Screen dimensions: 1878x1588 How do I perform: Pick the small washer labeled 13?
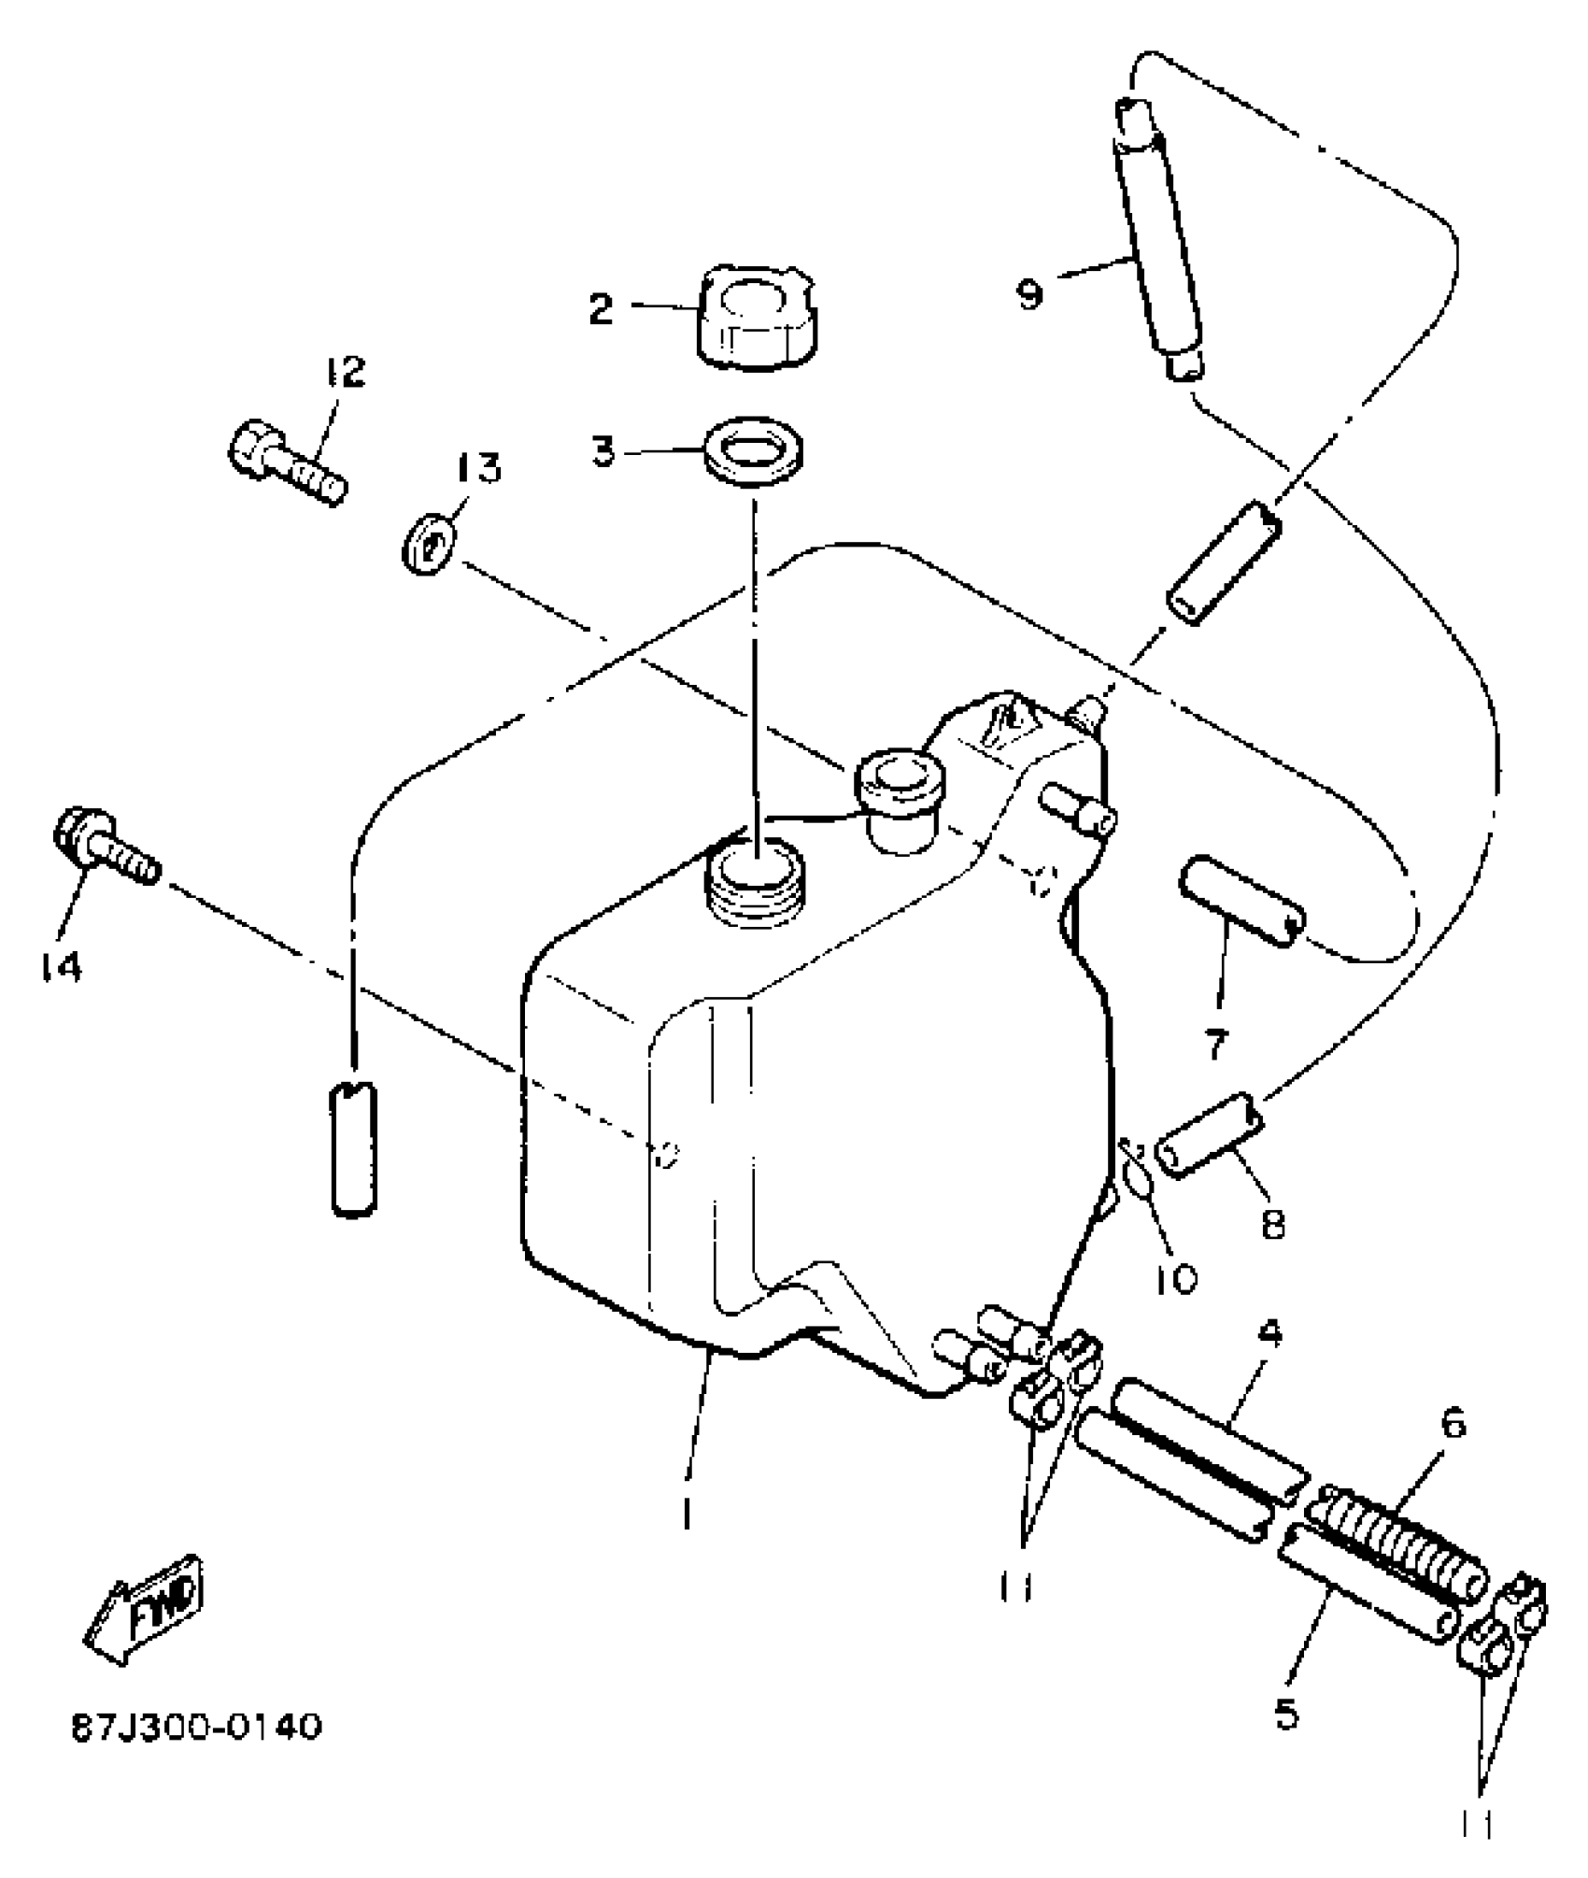click(429, 548)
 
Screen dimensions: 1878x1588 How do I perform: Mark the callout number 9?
click(1030, 294)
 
